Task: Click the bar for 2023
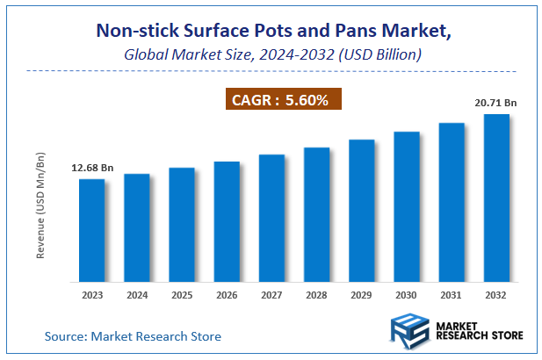click(x=92, y=230)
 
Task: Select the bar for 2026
click(x=227, y=221)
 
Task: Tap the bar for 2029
click(x=361, y=210)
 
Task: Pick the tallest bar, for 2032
click(x=495, y=198)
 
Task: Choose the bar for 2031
click(x=451, y=202)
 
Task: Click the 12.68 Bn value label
click(x=92, y=168)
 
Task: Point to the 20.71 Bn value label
click(x=495, y=103)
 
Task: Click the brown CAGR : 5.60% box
click(x=279, y=100)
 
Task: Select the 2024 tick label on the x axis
click(x=137, y=296)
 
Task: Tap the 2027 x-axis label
click(x=271, y=296)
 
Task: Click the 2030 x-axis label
click(x=406, y=296)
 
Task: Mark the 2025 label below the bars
click(x=182, y=296)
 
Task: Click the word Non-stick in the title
click(x=133, y=32)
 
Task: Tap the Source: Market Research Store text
click(x=133, y=335)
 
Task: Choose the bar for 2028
click(x=316, y=214)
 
